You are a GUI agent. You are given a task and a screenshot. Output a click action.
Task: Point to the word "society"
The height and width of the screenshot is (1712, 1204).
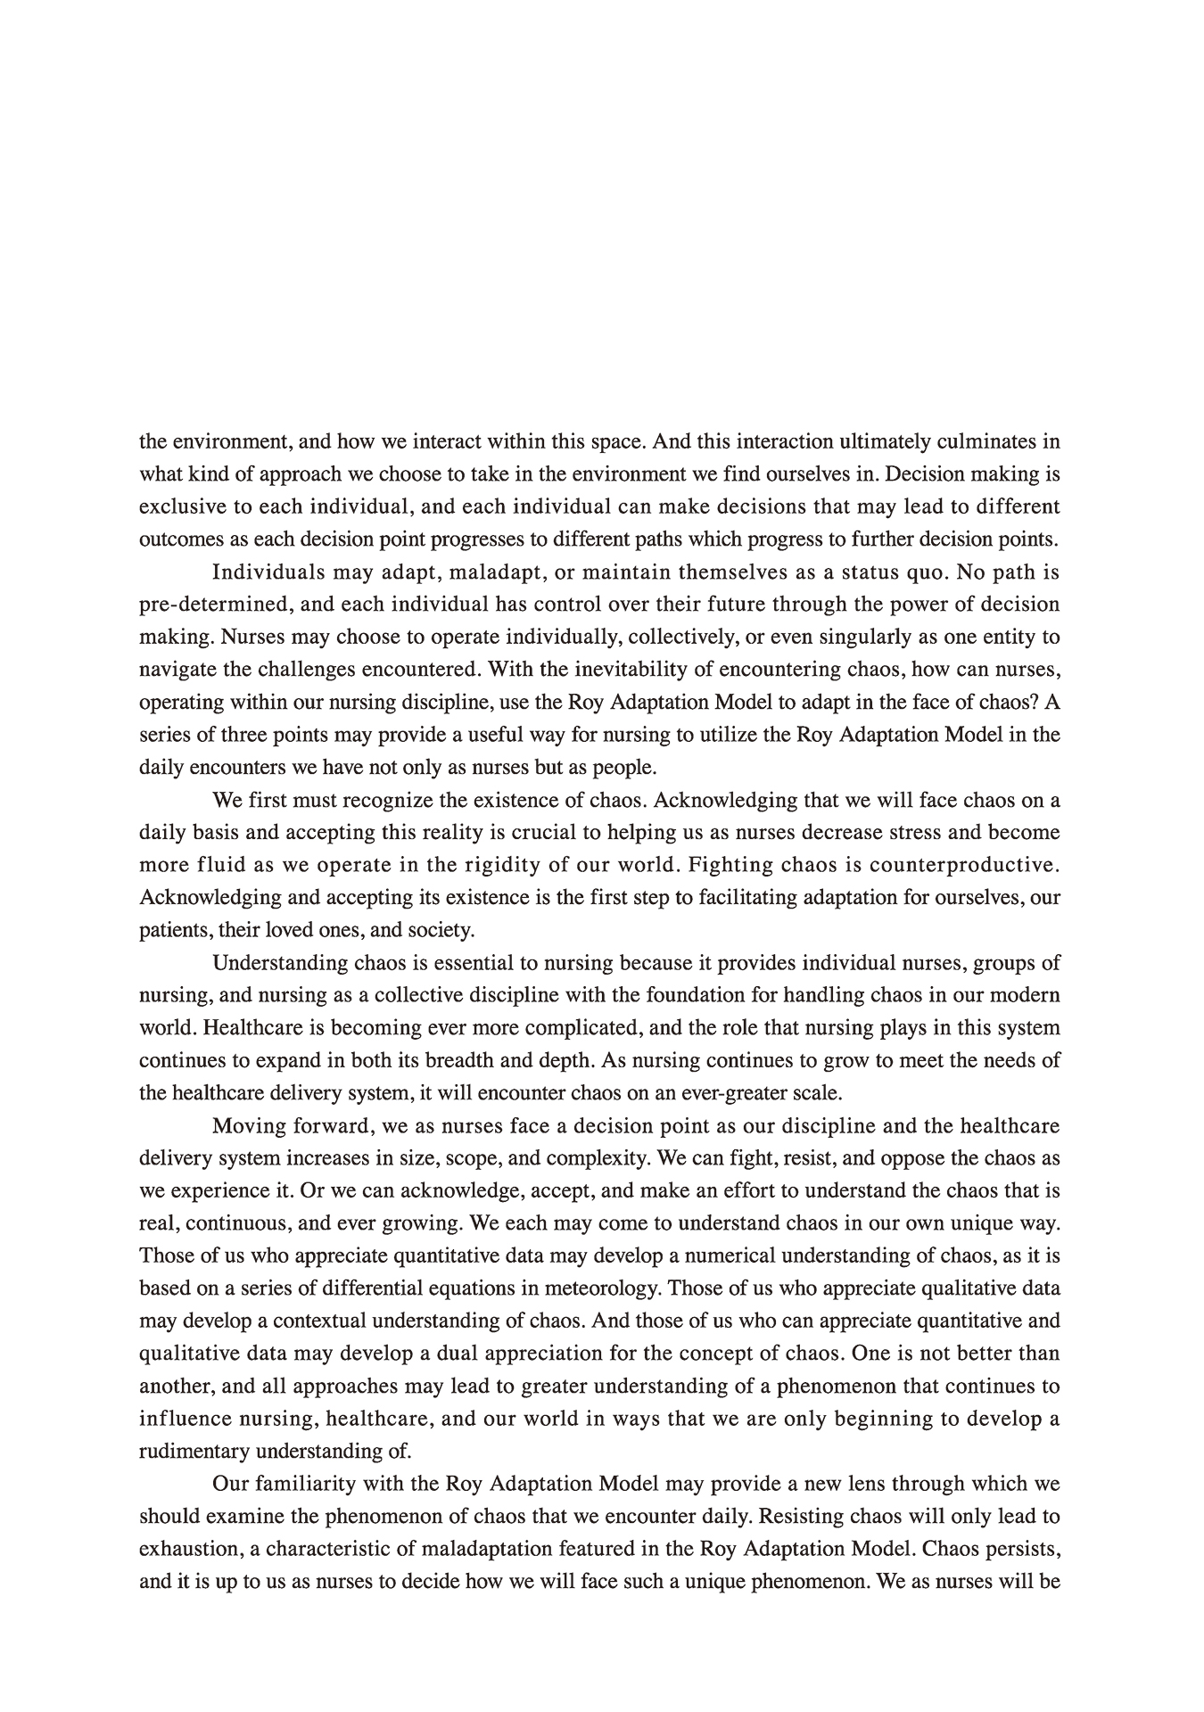[x=440, y=930]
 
